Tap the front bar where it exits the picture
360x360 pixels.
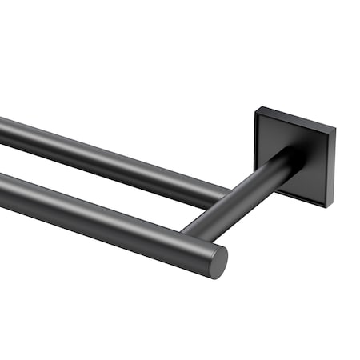pos(3,192)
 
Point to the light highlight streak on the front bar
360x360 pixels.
pos(104,210)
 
